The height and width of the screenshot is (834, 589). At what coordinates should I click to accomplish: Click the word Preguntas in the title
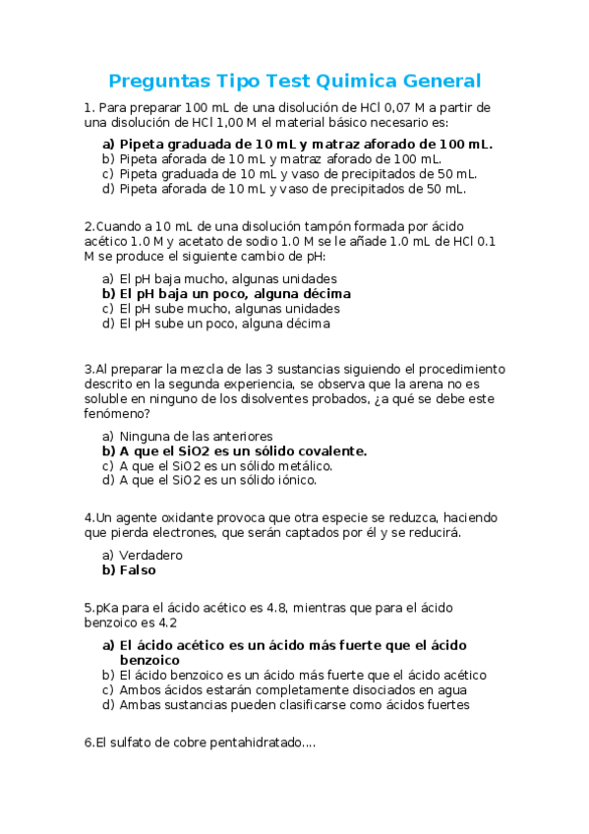tap(157, 81)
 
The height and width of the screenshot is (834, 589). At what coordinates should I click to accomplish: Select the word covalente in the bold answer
tap(330, 450)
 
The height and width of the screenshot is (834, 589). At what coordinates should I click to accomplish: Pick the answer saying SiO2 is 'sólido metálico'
tap(225, 465)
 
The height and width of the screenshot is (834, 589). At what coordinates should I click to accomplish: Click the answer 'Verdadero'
tap(150, 555)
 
